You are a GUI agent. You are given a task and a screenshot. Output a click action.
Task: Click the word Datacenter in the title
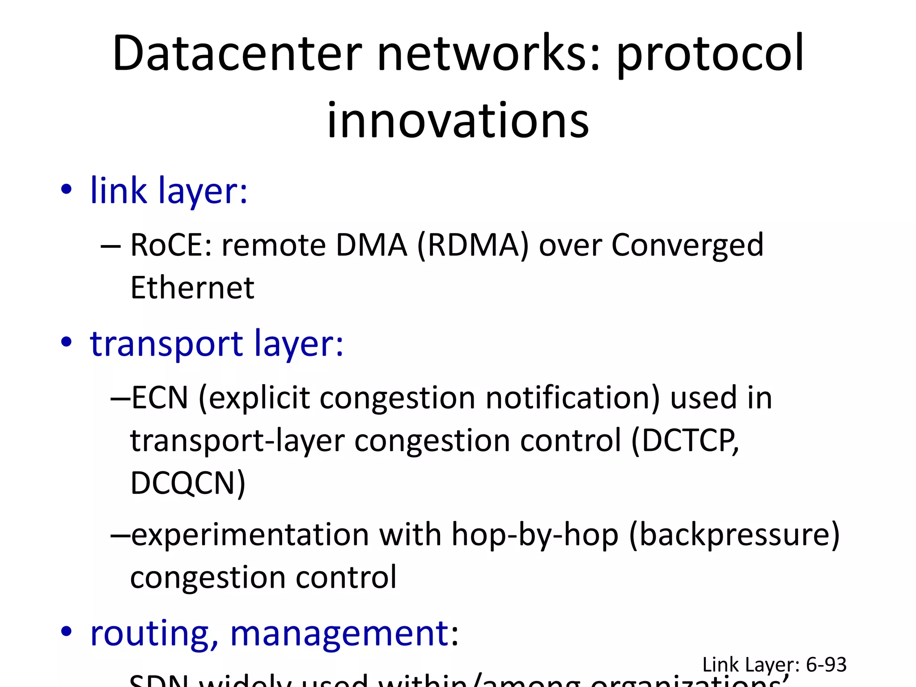click(237, 54)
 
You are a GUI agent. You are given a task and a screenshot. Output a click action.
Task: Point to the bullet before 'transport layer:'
click(66, 343)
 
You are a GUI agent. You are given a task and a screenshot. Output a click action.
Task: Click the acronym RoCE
click(170, 245)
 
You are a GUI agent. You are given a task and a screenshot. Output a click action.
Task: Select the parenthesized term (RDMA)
click(473, 245)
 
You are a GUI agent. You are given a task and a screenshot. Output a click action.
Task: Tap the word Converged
click(687, 246)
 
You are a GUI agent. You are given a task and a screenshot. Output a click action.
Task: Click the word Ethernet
click(192, 288)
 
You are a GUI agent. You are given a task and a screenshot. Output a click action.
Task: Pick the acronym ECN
click(160, 398)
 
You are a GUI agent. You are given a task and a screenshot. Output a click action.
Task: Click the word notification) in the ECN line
click(572, 398)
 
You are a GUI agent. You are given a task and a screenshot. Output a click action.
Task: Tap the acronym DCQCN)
click(188, 483)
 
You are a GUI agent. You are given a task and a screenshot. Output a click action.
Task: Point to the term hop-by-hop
click(535, 535)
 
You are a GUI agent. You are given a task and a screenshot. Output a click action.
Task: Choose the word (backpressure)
click(734, 535)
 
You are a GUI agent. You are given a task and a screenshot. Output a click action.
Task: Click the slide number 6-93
click(826, 665)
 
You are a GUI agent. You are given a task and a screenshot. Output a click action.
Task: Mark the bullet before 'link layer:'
click(66, 190)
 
